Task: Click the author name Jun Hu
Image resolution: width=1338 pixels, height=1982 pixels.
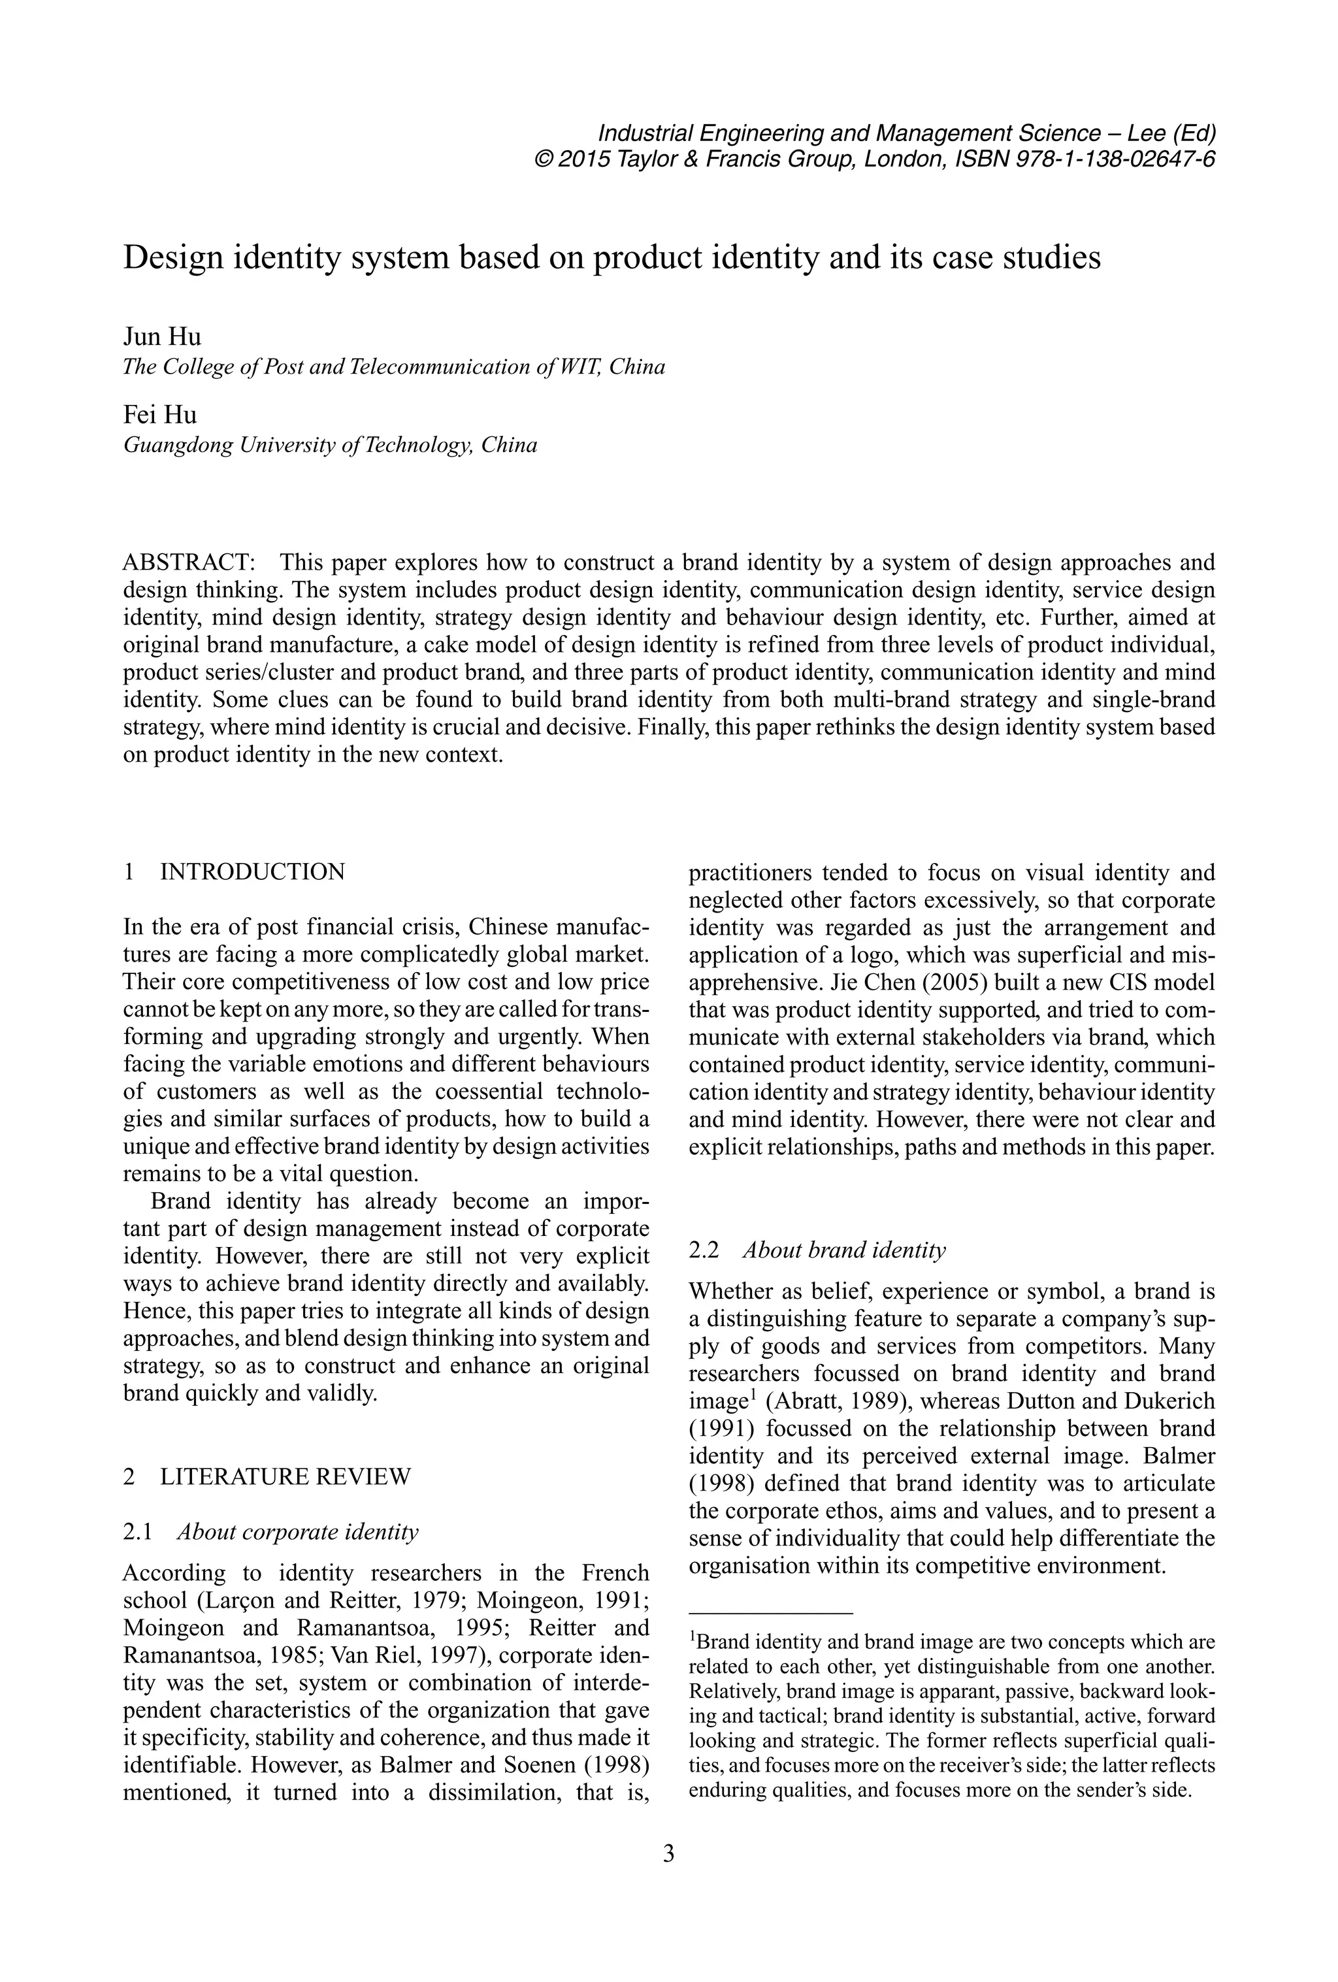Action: click(162, 337)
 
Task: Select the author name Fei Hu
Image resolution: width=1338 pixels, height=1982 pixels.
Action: click(159, 415)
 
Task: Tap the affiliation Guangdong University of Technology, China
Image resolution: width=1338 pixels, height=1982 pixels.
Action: click(330, 445)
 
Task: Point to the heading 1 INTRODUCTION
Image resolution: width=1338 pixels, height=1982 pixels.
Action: click(235, 871)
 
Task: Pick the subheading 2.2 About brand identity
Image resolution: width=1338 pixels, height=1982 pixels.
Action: click(817, 1250)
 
